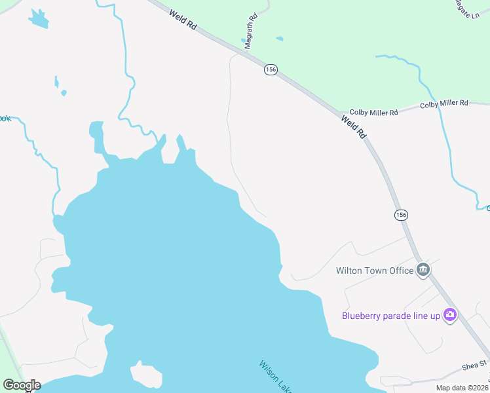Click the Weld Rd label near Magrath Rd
click(182, 21)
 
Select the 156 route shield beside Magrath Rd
click(271, 70)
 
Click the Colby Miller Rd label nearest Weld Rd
click(374, 113)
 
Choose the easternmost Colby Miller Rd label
click(444, 103)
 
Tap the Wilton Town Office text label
click(375, 271)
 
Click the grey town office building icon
click(423, 270)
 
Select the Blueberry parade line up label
click(392, 316)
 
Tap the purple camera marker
click(450, 315)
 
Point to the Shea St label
click(474, 364)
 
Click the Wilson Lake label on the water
click(275, 377)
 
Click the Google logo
click(22, 385)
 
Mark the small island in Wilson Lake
click(147, 375)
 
